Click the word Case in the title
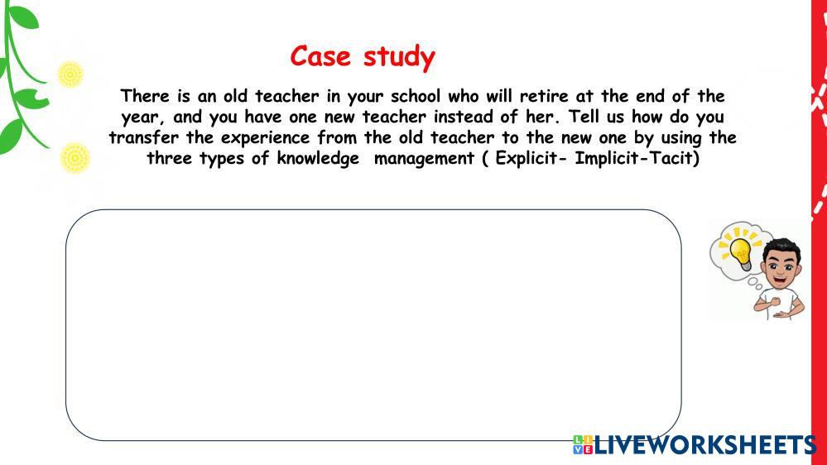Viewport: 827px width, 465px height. [320, 56]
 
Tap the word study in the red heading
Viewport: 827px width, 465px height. [399, 57]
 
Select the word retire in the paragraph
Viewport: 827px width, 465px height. [544, 97]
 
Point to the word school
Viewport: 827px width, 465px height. [415, 97]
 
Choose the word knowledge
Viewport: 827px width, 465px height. [318, 159]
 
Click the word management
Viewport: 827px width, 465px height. [424, 159]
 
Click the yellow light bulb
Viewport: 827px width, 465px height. [741, 253]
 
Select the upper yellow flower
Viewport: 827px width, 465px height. [70, 74]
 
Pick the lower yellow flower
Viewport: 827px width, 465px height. [75, 158]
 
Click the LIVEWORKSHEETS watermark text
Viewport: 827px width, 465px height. [705, 445]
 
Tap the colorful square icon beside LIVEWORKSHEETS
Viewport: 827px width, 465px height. [583, 445]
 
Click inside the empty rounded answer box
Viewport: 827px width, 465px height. [373, 325]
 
